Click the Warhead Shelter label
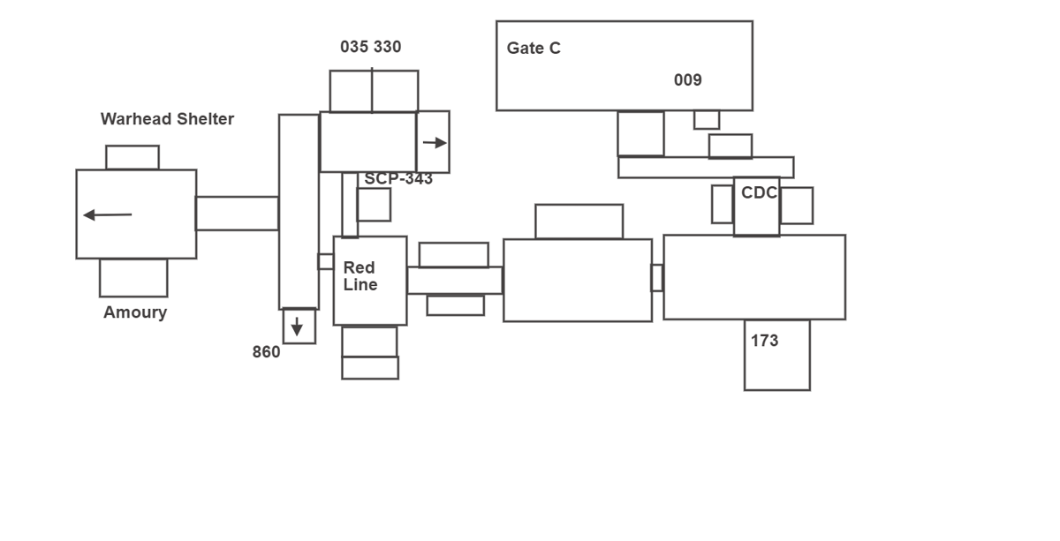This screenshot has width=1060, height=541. pos(167,119)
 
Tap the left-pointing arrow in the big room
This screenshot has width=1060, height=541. pos(107,214)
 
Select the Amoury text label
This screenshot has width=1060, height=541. pos(135,312)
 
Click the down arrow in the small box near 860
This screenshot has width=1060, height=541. pos(297,327)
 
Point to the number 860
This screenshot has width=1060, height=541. pos(266,352)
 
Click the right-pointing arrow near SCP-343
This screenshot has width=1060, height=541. pos(434,143)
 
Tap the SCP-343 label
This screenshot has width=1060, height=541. pos(398,178)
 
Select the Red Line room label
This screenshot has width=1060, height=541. pos(360,276)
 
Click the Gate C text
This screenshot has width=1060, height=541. pos(534,49)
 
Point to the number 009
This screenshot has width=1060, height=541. pos(687,80)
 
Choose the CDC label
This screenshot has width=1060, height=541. pos(759,193)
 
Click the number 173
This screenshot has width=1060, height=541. pos(764,341)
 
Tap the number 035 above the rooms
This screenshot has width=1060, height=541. pos(354,47)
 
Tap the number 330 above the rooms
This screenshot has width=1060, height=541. pos(387,47)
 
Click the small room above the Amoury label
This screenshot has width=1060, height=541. pos(133,278)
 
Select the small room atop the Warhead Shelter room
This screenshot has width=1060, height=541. pos(132,157)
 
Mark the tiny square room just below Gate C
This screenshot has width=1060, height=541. pos(706,119)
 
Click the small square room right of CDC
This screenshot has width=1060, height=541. pos(796,206)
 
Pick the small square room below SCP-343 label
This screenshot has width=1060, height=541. pos(374,205)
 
